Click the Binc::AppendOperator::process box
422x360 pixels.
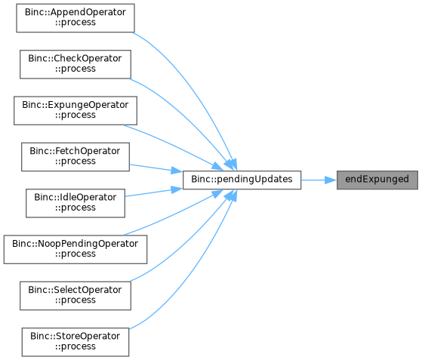75,18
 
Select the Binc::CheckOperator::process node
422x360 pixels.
75,64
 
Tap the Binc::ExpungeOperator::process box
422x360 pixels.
75,111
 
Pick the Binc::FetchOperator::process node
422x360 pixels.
75,157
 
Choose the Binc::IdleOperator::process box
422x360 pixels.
75,203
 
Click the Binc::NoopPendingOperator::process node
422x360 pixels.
75,249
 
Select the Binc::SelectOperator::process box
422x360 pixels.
75,296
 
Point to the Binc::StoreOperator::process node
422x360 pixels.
75,342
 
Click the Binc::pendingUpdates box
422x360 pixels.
242,180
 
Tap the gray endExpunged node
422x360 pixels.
377,180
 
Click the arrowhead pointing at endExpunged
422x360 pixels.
331,180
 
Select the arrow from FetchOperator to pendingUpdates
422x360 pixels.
156,168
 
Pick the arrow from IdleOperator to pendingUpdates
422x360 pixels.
154,192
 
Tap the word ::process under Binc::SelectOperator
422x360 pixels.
75,300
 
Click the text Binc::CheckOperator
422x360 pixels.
75,59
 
